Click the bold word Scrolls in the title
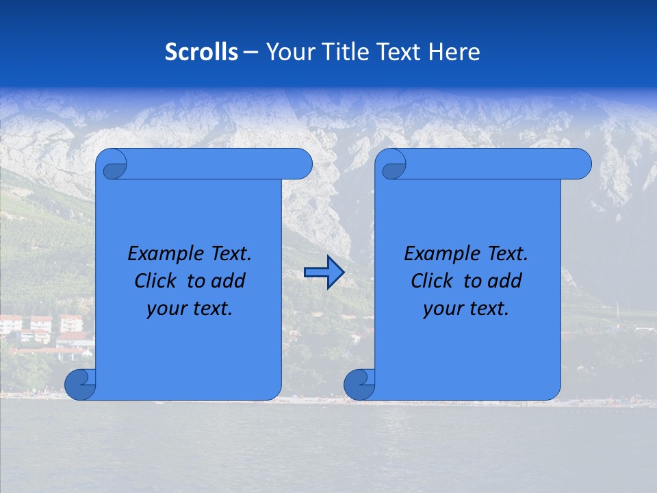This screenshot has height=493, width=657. click(202, 52)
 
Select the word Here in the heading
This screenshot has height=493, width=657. click(454, 52)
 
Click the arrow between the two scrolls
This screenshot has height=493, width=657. click(324, 273)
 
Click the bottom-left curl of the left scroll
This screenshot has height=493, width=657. click(80, 384)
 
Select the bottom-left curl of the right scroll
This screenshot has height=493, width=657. click(359, 384)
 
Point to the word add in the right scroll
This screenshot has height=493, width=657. click(505, 281)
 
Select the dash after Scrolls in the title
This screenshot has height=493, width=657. click(250, 52)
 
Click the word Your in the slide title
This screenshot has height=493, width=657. click(286, 52)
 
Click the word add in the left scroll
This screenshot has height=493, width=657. click(229, 281)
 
